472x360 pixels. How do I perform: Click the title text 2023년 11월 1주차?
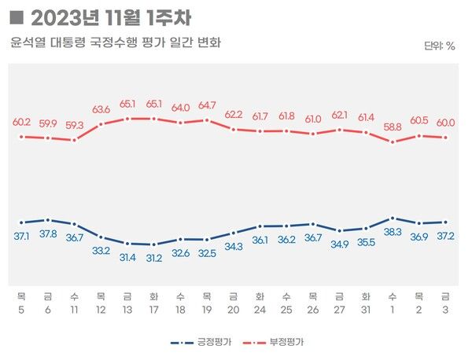(110, 17)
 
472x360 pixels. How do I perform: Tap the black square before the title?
(18, 17)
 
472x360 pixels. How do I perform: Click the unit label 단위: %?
(438, 46)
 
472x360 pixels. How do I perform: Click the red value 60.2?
(21, 122)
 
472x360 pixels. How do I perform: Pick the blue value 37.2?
(446, 236)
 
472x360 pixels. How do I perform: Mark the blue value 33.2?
(101, 251)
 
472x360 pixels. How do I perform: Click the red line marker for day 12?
(101, 124)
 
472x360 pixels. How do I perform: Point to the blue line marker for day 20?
(234, 233)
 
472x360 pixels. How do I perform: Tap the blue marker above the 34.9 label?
(340, 231)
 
